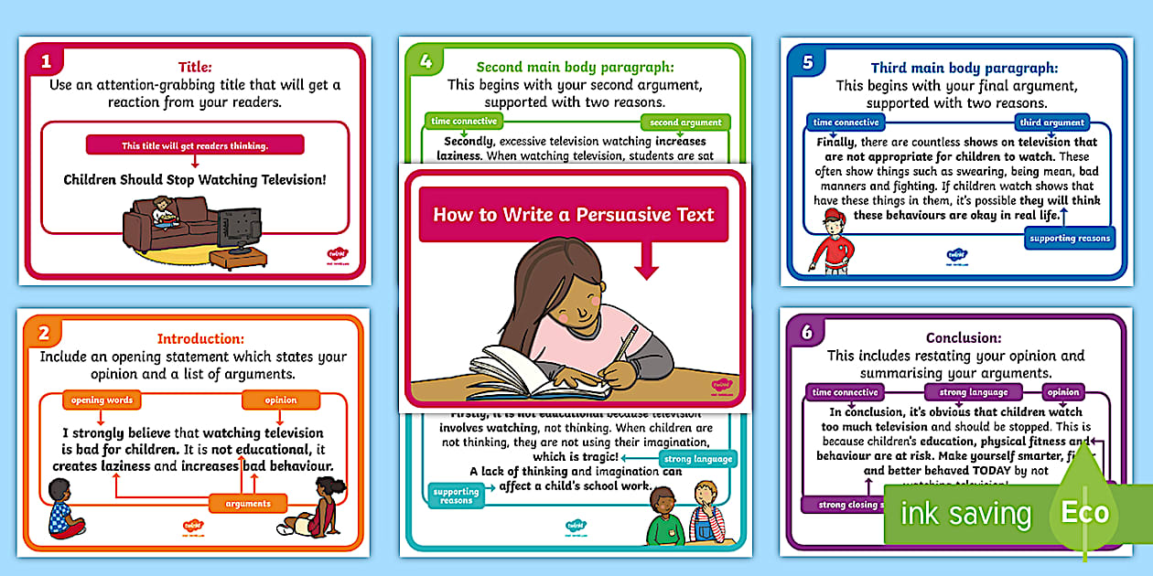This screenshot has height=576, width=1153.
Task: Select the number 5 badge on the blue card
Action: point(807,62)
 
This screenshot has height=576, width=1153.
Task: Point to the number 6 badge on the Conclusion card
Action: point(806,333)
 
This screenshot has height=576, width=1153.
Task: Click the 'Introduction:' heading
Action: point(200,338)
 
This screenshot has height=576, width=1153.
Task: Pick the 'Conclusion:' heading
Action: point(964,337)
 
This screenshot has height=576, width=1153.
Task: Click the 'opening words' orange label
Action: point(102,400)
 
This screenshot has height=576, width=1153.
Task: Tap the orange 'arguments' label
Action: point(248,503)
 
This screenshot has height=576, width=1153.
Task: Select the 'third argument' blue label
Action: point(1051,123)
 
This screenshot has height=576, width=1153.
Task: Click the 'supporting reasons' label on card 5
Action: point(1070,239)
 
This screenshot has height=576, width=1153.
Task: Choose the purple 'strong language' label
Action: point(974,392)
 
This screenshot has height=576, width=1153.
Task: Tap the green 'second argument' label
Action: point(685,123)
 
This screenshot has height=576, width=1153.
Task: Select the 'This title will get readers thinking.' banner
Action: point(195,145)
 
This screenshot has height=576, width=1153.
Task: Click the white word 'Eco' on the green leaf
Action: point(1084,512)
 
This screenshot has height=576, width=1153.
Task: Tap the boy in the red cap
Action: point(833,242)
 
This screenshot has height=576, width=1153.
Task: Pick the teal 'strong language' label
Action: point(697,459)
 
